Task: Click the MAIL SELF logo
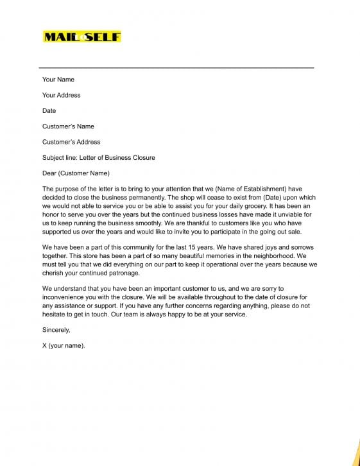point(81,37)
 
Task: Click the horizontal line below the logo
point(176,67)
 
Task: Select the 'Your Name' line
point(58,80)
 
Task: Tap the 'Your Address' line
point(62,95)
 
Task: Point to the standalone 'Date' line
point(49,111)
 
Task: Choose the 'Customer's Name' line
point(68,126)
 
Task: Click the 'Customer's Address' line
point(71,142)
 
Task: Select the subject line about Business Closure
point(98,157)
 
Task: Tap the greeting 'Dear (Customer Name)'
point(76,173)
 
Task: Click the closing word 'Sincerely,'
point(56,330)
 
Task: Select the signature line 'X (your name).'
point(64,345)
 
